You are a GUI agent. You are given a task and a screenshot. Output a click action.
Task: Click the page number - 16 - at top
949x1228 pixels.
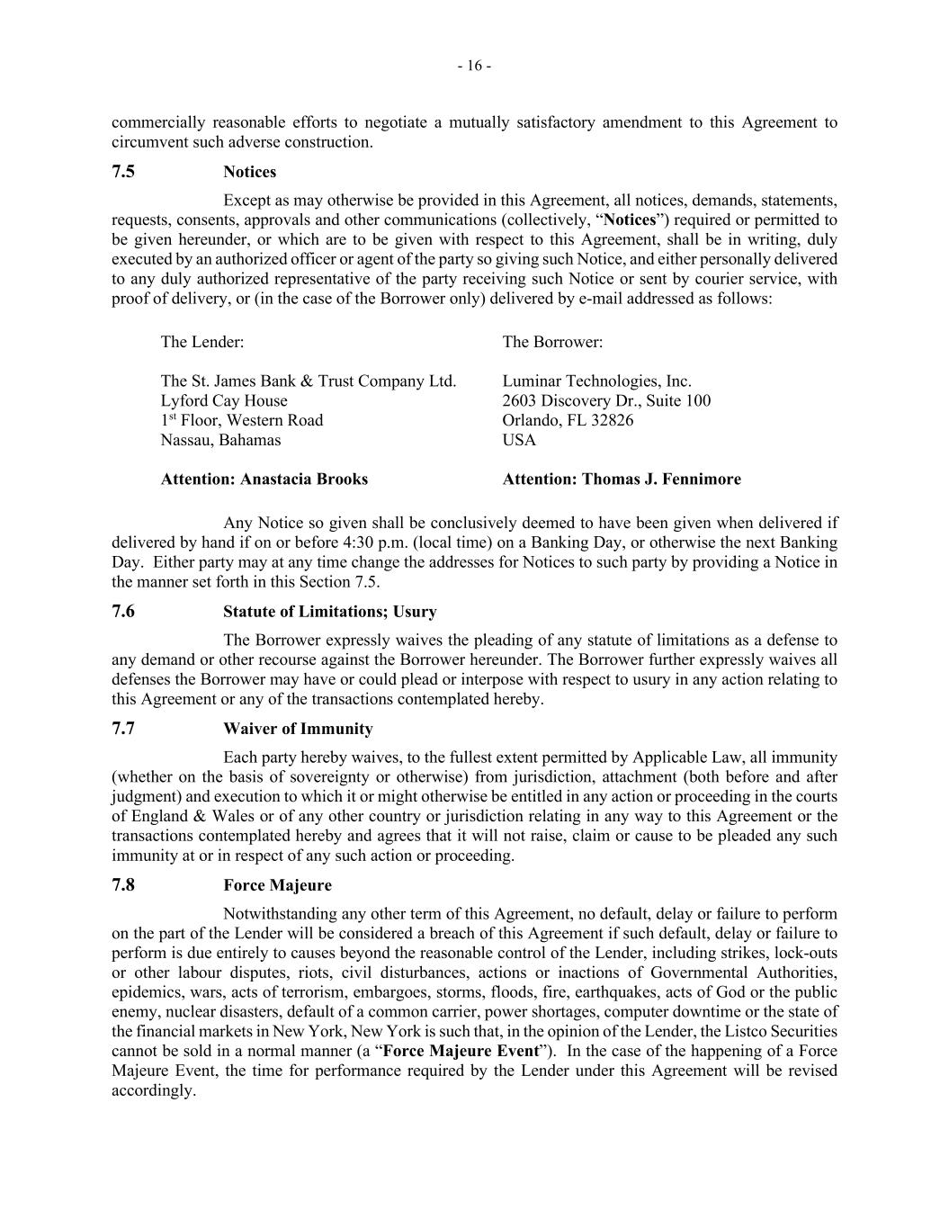pyautogui.click(x=474, y=66)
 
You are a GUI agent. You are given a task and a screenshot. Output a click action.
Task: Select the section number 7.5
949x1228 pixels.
pyautogui.click(x=123, y=171)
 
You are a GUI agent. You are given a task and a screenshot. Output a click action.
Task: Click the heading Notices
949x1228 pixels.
pyautogui.click(x=249, y=172)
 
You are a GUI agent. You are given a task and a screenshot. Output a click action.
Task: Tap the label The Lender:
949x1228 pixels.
pyautogui.click(x=201, y=342)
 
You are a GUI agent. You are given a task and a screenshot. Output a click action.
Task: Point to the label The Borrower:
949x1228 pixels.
pyautogui.click(x=552, y=342)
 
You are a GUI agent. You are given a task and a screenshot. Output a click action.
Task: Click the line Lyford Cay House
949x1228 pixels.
pyautogui.click(x=224, y=400)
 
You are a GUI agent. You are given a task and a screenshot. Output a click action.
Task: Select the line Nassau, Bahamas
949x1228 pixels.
pyautogui.click(x=220, y=440)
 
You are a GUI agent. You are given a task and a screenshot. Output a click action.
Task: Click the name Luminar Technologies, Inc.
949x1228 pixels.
pyautogui.click(x=596, y=381)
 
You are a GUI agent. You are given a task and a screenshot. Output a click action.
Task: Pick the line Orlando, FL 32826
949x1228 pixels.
pyautogui.click(x=568, y=420)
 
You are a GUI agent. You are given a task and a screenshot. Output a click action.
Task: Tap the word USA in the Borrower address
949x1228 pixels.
pyautogui.click(x=519, y=440)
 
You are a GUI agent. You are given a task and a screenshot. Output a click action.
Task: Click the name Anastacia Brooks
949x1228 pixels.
pyautogui.click(x=304, y=479)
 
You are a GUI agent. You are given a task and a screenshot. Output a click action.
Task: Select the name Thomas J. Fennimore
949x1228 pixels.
pyautogui.click(x=661, y=479)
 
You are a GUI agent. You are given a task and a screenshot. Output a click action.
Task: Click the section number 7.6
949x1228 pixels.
pyautogui.click(x=123, y=611)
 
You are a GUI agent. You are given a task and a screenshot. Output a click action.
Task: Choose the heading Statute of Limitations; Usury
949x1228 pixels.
pyautogui.click(x=329, y=612)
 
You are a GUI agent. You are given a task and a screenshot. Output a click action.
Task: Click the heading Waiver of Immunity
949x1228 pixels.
pyautogui.click(x=298, y=729)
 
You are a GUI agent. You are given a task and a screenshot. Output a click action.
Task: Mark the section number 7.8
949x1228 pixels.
pyautogui.click(x=123, y=884)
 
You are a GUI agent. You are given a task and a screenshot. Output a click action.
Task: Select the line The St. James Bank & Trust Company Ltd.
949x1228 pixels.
pyautogui.click(x=309, y=381)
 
